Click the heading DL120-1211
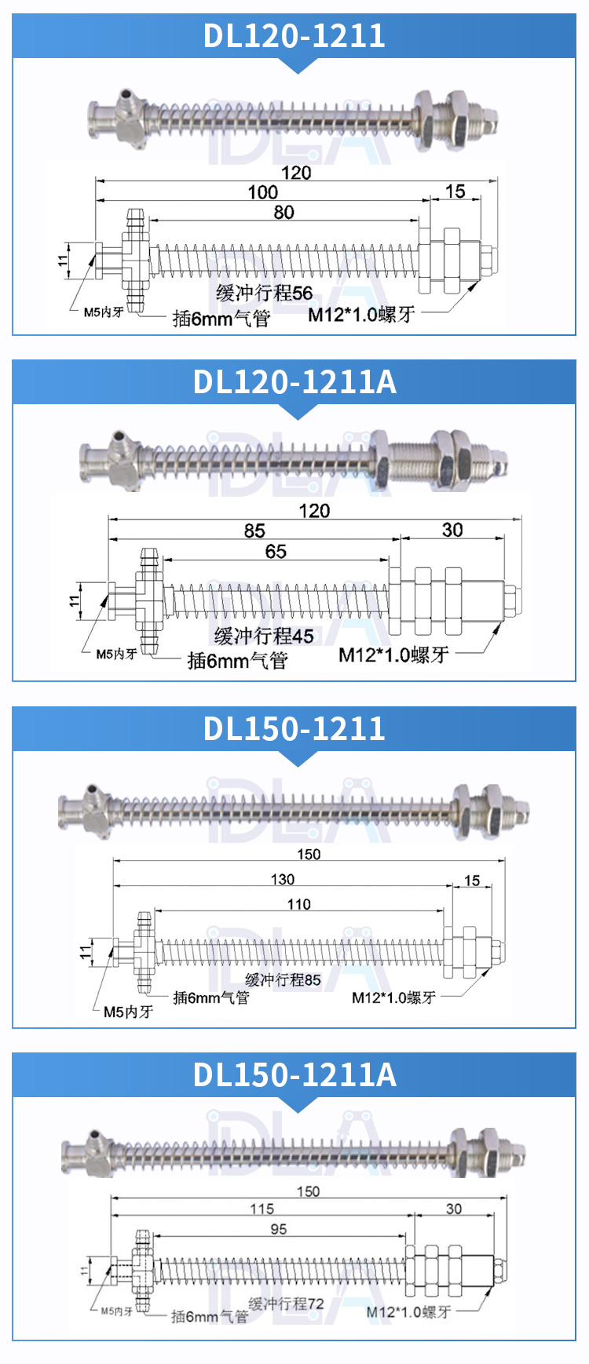click(x=294, y=36)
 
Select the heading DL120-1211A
click(x=294, y=382)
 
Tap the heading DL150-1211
click(x=294, y=729)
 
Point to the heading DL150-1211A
click(x=294, y=1075)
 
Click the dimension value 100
click(x=263, y=192)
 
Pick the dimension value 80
click(x=284, y=213)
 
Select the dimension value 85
click(x=254, y=531)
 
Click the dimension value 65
click(x=276, y=552)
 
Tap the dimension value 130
click(x=283, y=880)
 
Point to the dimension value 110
click(x=298, y=904)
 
